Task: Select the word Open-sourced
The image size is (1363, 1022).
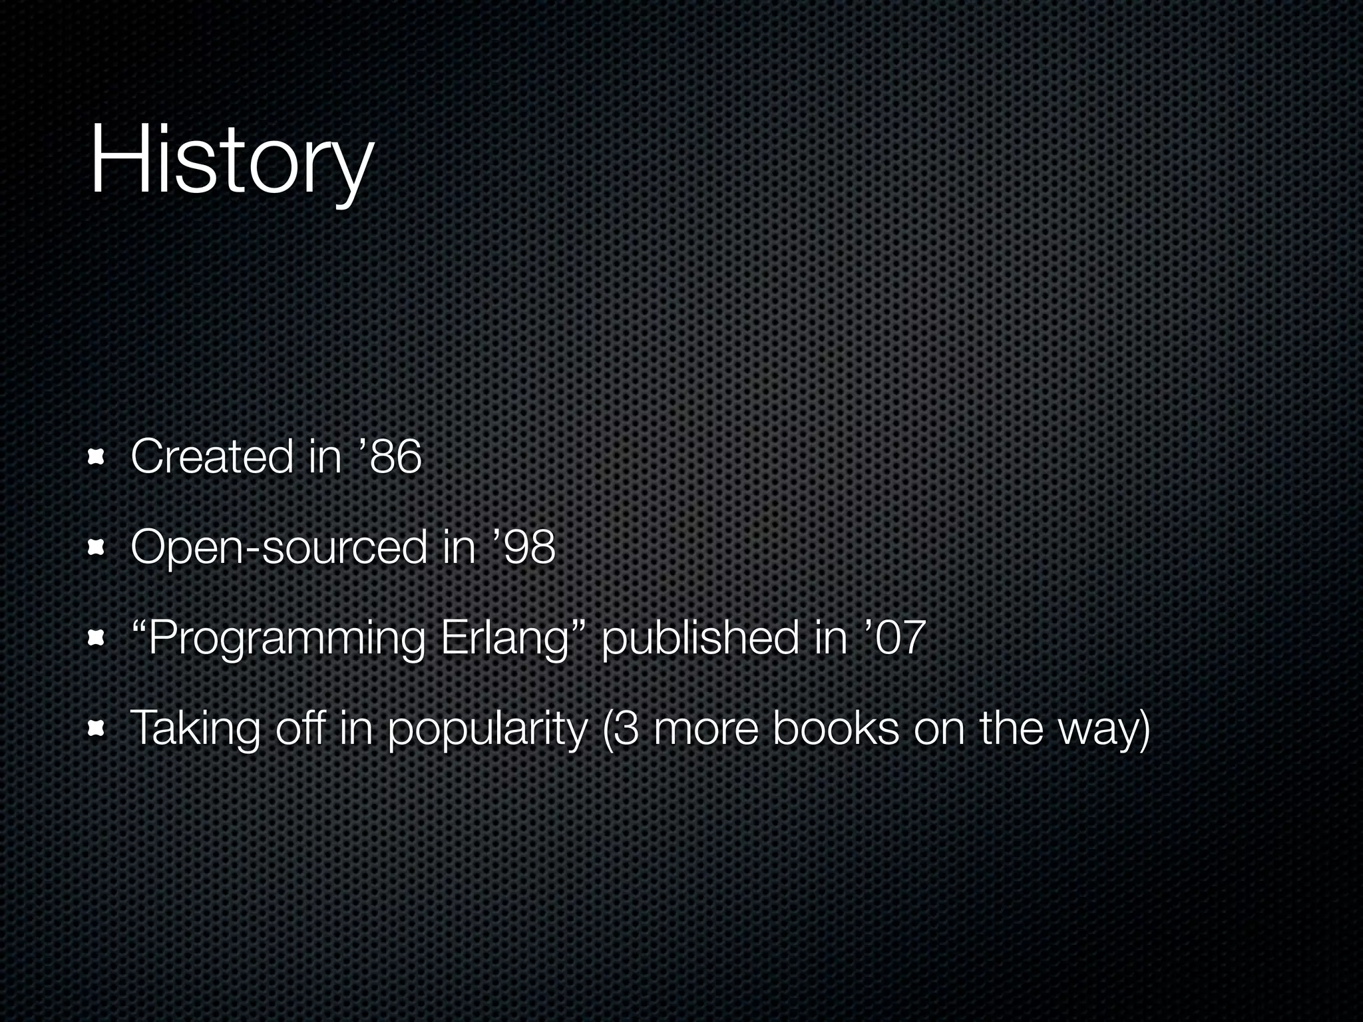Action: point(278,548)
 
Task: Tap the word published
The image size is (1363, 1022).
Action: point(699,639)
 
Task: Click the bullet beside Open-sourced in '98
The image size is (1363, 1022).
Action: point(97,548)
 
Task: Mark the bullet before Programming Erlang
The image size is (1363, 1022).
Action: point(97,639)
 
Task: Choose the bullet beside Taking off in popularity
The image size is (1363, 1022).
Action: point(97,730)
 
